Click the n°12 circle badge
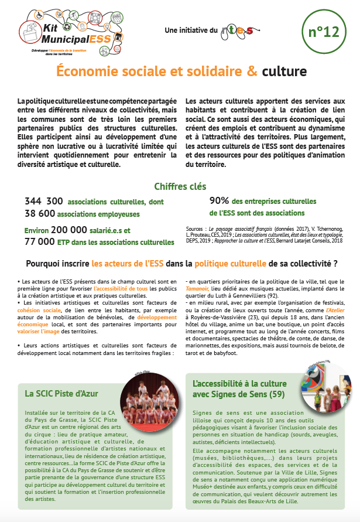click(323, 32)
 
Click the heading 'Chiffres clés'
click(180, 187)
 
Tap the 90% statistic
click(219, 201)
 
